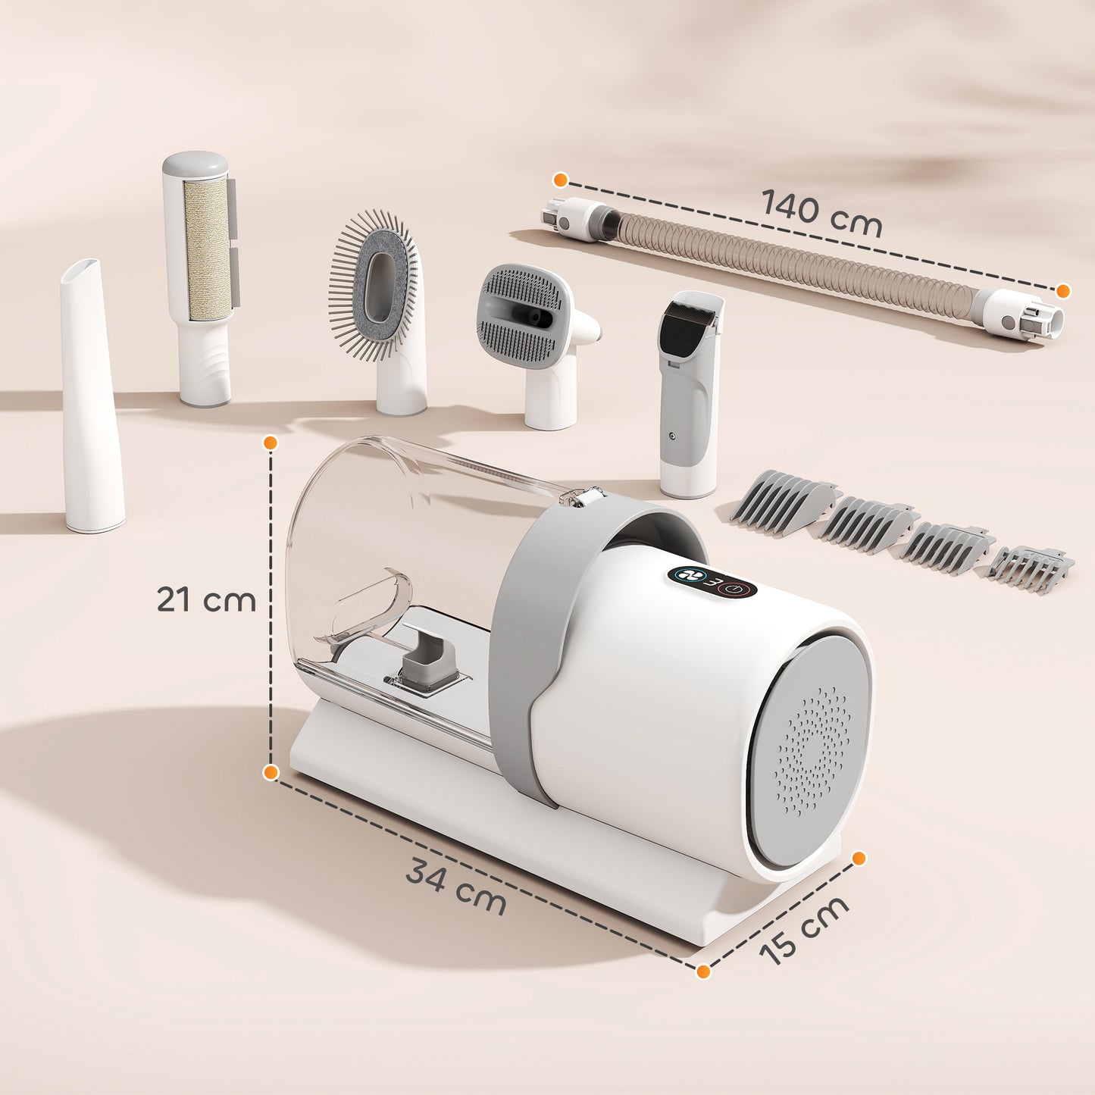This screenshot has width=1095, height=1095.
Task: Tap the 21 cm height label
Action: point(206,599)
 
